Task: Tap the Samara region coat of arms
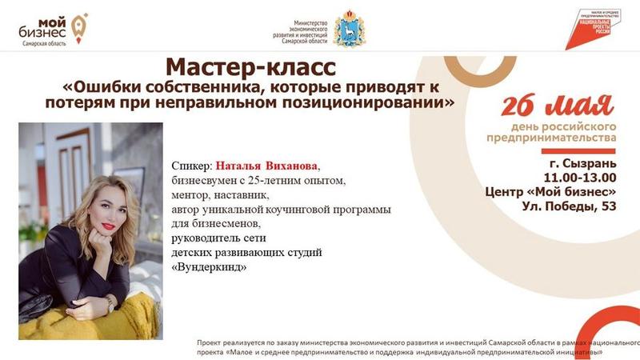350,28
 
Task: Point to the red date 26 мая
557,106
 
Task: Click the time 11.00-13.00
579,178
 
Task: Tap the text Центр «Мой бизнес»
550,192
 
